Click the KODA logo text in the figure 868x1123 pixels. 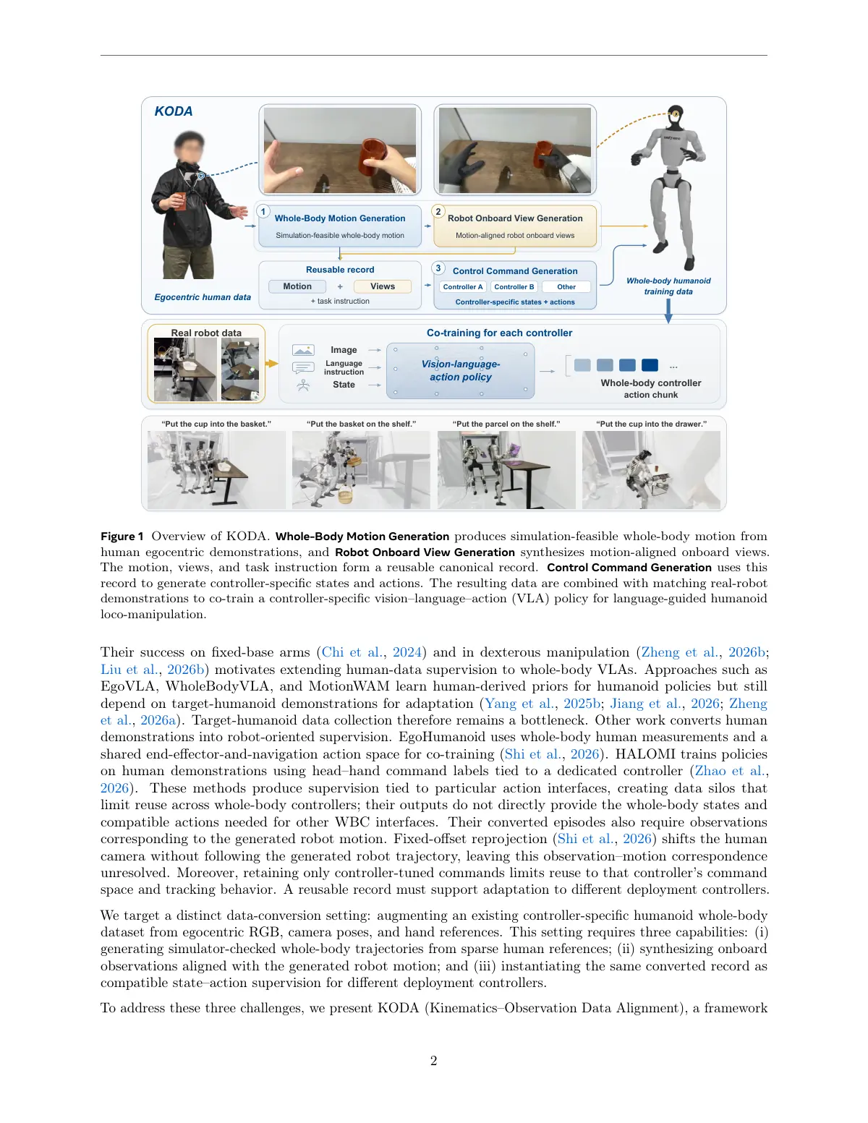(x=173, y=111)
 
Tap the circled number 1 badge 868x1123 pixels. (x=263, y=211)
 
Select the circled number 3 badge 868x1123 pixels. (x=438, y=268)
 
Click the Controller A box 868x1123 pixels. (x=463, y=287)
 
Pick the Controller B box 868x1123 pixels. (x=514, y=287)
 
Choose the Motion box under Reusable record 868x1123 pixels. (x=297, y=286)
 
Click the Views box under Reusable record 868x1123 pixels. (x=383, y=286)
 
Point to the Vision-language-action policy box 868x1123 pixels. (x=461, y=370)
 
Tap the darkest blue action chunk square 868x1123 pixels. (x=650, y=365)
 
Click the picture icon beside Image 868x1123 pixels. (x=303, y=350)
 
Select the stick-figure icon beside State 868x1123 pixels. (x=304, y=385)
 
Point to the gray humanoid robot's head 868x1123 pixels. (x=676, y=117)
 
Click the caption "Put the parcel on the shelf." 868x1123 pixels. (x=506, y=424)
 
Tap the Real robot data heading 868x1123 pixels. (x=206, y=333)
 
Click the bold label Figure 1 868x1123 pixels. (x=122, y=536)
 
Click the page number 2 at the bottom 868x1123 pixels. (x=434, y=1061)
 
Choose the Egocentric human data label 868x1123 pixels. (x=203, y=297)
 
